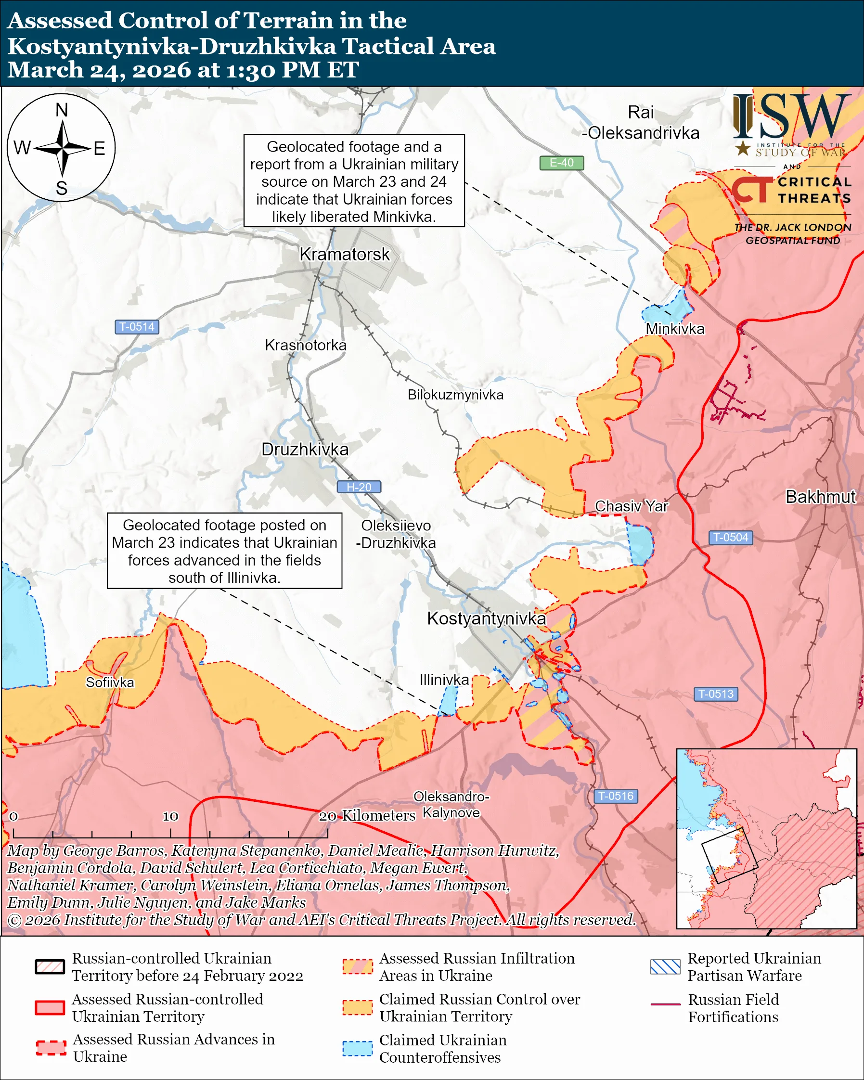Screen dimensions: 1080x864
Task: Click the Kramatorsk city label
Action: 344,254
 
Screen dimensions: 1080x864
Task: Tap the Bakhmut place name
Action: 820,496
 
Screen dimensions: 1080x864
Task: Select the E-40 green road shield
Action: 561,163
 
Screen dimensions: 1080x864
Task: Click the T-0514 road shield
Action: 137,327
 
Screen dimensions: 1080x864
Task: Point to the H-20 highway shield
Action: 359,487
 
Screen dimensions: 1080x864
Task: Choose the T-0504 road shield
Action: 730,538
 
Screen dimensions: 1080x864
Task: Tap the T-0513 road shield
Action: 716,694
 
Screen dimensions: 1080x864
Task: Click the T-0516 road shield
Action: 616,796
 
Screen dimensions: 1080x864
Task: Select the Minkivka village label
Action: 675,329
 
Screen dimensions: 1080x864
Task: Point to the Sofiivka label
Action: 110,682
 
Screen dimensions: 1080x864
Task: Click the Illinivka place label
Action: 444,680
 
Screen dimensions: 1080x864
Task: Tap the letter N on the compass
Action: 62,110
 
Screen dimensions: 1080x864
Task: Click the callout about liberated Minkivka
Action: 354,181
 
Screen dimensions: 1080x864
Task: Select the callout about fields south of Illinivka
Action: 224,551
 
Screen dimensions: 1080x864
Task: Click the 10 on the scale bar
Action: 170,816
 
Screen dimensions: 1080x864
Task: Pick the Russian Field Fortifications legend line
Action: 665,1004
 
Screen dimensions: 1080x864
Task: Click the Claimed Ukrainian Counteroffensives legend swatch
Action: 357,1048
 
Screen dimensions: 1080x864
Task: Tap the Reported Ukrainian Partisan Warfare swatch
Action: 665,966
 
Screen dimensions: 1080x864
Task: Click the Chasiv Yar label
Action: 631,506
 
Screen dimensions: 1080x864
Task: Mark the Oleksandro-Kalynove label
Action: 451,805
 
